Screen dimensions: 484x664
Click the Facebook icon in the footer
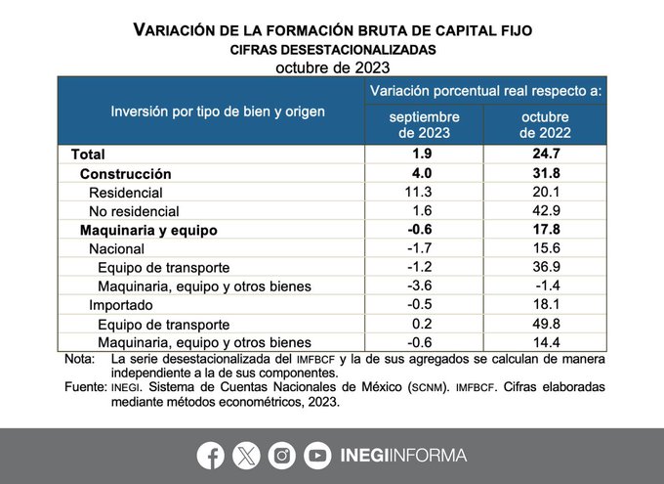pos(210,455)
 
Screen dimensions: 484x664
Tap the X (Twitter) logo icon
pos(245,455)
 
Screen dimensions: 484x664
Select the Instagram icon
pos(282,455)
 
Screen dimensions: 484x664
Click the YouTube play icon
pos(317,455)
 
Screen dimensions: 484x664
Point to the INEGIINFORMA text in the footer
pos(401,455)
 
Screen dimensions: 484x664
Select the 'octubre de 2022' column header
pos(545,124)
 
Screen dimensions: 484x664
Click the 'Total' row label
pos(87,154)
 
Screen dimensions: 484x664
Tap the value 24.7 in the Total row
pos(545,154)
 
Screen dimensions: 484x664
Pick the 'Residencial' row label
pos(125,193)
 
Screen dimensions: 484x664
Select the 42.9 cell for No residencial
pos(545,211)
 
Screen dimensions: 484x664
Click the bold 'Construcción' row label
pos(125,173)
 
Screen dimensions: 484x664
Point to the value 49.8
pos(545,324)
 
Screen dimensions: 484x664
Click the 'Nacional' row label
pos(116,249)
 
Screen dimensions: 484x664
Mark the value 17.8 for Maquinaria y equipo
pos(545,230)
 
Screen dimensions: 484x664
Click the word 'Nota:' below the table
pos(79,360)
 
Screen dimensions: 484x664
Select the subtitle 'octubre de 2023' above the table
pos(332,67)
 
